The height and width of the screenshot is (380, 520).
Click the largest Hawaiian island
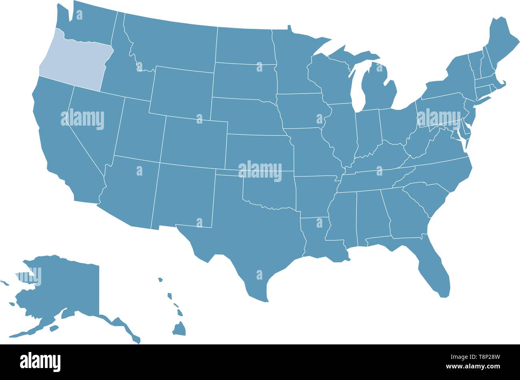179,329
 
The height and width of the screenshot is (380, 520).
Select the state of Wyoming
182,92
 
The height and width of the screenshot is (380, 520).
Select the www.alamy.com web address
479,366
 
